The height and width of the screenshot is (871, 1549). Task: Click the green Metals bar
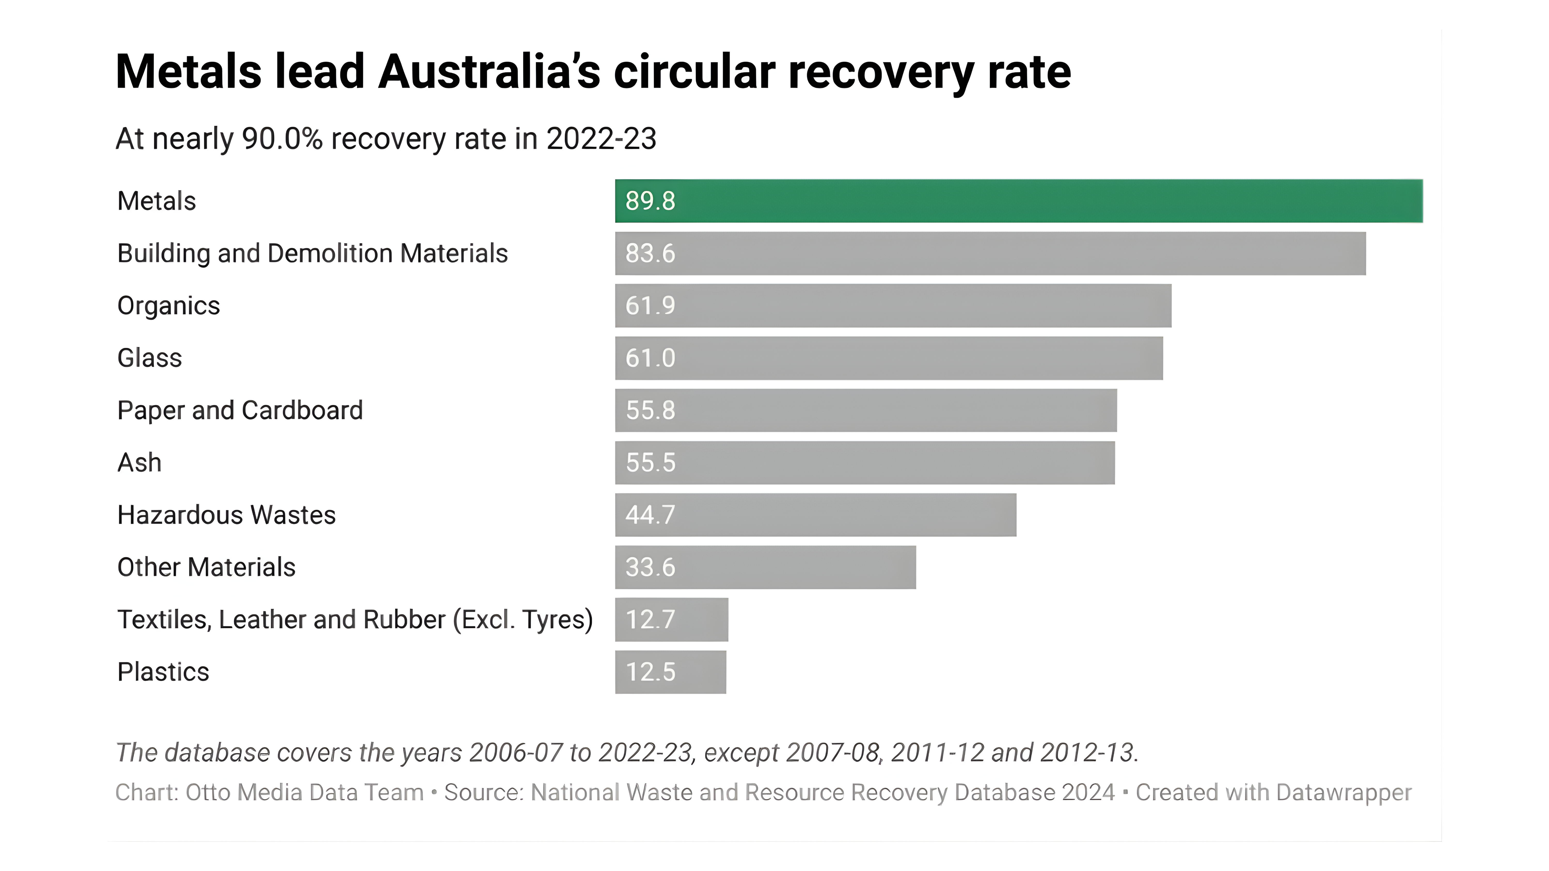point(1019,201)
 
